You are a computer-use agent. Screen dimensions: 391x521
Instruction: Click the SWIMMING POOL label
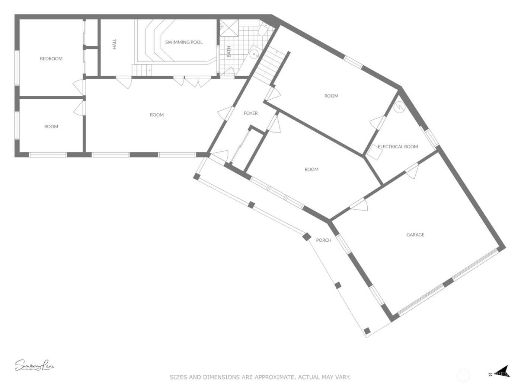184,42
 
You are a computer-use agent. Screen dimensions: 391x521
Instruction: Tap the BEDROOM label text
51,58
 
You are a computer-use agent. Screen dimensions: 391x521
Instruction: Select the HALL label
114,44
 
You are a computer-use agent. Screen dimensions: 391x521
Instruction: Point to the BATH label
228,51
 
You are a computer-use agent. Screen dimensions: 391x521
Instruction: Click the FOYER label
250,113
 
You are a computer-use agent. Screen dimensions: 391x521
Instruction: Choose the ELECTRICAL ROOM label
398,146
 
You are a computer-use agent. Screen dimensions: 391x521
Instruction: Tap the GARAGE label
415,235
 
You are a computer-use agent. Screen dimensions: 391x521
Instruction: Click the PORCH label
323,240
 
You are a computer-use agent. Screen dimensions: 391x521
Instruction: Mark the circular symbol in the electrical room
399,107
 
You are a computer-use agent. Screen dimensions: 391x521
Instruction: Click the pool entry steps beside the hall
142,70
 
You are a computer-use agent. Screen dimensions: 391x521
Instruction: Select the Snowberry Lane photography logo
34,366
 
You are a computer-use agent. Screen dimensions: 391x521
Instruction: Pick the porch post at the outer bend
307,236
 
